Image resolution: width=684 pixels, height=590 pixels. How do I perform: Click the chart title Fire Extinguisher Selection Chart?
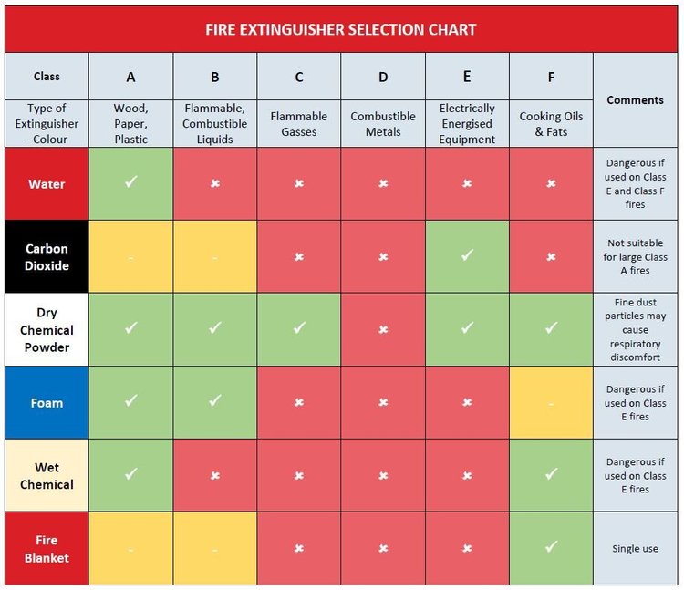click(x=341, y=30)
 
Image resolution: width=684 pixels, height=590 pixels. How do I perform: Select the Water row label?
click(x=47, y=184)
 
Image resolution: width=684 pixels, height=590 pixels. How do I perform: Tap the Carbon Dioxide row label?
click(x=47, y=257)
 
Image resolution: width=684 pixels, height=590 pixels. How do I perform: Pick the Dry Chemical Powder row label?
click(x=47, y=330)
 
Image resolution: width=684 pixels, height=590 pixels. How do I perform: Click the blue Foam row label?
click(x=47, y=403)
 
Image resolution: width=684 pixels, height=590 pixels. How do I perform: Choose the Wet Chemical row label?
click(x=47, y=476)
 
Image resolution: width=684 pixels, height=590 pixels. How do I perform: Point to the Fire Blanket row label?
click(x=47, y=549)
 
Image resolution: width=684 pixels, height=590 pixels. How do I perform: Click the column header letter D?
click(x=383, y=78)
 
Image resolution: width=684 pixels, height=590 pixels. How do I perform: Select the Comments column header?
click(x=635, y=100)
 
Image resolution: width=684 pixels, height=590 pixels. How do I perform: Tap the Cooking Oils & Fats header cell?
click(x=551, y=124)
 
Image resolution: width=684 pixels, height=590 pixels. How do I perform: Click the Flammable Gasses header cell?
click(x=299, y=124)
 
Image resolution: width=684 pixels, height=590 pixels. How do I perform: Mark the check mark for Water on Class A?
click(x=130, y=181)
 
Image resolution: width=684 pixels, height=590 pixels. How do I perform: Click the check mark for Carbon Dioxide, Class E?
click(x=467, y=254)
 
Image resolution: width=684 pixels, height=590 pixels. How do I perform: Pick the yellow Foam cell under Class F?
click(x=551, y=403)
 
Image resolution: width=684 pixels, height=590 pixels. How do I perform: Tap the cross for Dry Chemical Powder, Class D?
click(x=383, y=330)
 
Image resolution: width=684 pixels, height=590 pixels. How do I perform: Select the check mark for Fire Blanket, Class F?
click(x=552, y=546)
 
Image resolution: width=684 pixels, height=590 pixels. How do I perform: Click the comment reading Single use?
click(x=635, y=549)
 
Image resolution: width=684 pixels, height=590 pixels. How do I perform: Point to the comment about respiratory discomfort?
click(x=635, y=330)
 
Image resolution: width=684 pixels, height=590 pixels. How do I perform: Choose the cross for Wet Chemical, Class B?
click(x=215, y=476)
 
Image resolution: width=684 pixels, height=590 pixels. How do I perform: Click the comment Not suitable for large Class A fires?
click(x=635, y=257)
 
